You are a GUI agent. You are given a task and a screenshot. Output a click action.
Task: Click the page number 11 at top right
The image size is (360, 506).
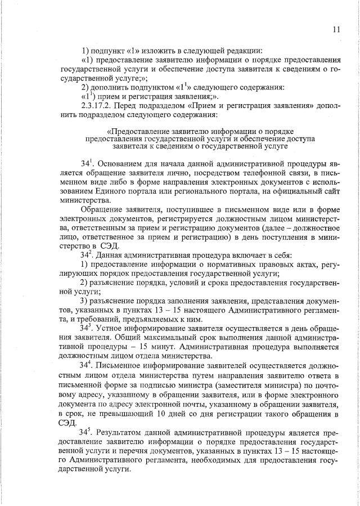(x=336, y=30)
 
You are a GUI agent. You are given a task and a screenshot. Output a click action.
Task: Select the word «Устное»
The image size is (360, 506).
(x=110, y=327)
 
